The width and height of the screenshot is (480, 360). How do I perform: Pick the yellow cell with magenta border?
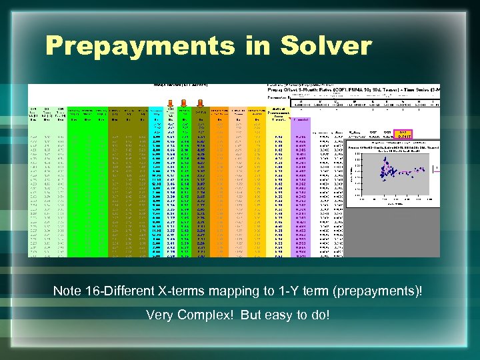tap(404, 135)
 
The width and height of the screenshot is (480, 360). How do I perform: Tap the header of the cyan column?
tap(155, 113)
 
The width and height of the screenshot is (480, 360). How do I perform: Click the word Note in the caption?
tap(68, 291)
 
